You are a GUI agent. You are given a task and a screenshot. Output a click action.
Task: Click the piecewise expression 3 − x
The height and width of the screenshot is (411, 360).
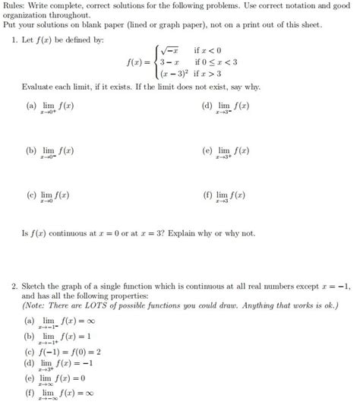(161, 62)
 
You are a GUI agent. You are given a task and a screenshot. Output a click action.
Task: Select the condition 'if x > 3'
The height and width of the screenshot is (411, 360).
(209, 74)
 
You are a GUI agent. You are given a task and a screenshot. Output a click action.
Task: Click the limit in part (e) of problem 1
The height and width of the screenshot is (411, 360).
(232, 153)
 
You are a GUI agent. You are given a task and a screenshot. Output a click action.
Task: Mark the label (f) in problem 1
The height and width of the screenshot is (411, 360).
(207, 195)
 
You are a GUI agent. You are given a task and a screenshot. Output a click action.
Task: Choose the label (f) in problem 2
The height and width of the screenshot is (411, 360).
(30, 393)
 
